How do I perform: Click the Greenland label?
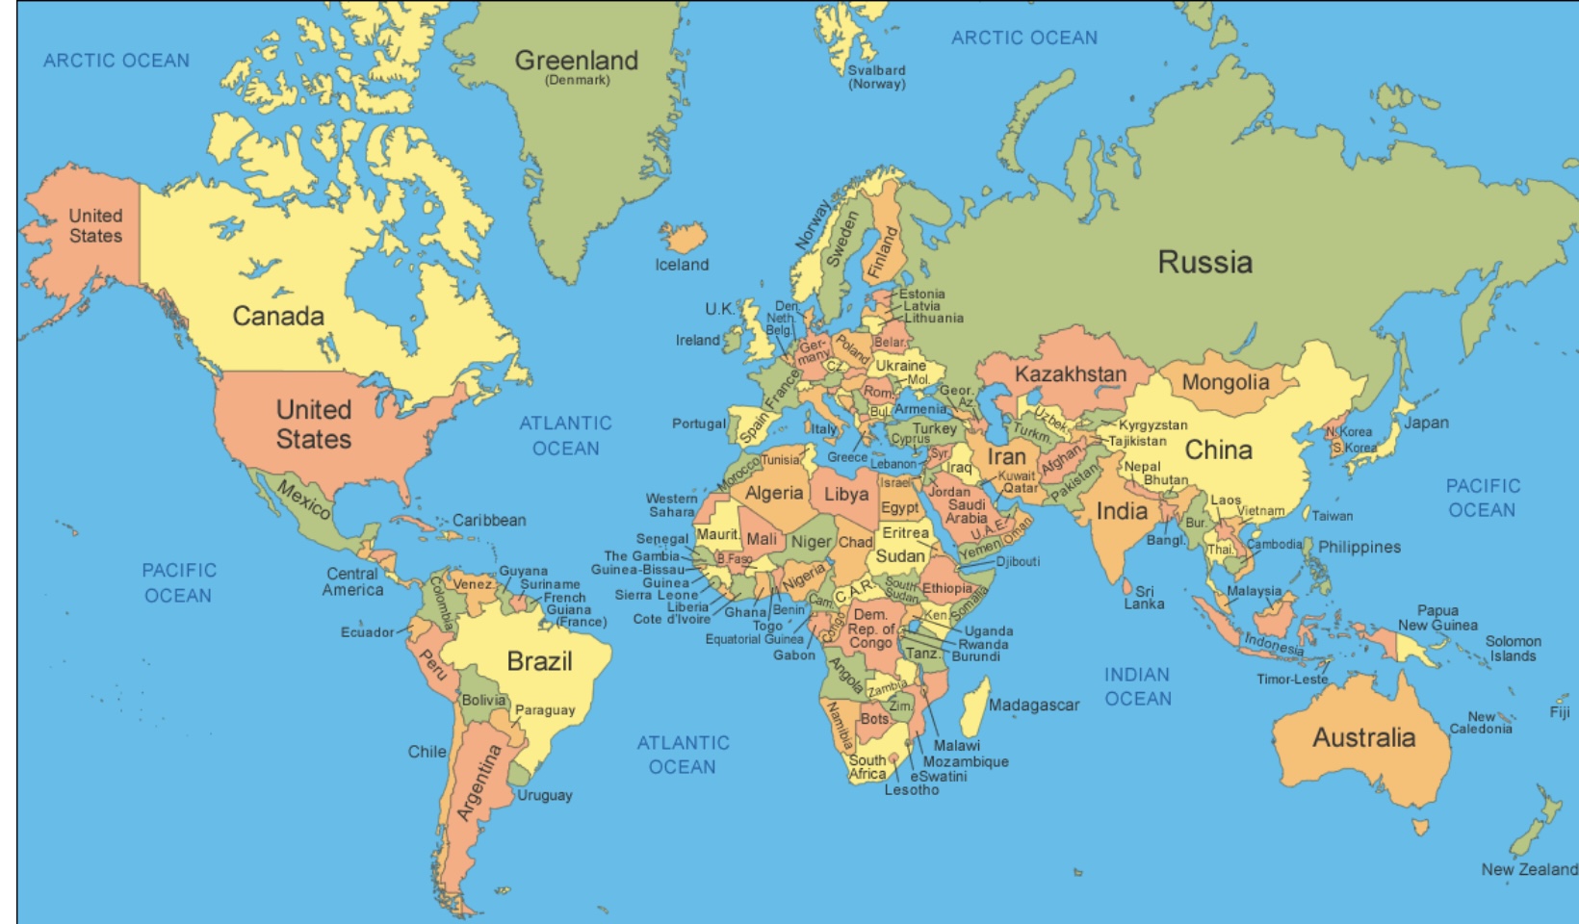pos(576,61)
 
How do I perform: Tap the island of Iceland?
pos(682,237)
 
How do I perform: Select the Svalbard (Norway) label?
pos(876,77)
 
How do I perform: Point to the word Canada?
pos(278,316)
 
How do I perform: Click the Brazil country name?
pos(539,661)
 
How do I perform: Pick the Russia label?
pos(1204,262)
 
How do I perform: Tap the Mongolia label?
pos(1225,382)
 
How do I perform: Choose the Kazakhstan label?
pos(1070,374)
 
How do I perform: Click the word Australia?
pos(1363,738)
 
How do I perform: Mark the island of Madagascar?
pos(974,707)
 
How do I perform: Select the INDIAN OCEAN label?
pos(1137,686)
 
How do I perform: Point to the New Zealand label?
pos(1529,869)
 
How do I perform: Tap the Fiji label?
pos(1560,712)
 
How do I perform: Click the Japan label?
pos(1426,423)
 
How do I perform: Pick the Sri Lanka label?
pos(1144,598)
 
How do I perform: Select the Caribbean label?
pos(489,521)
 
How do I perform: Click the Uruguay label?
pos(544,795)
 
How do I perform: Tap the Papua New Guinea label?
pos(1437,618)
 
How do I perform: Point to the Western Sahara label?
pos(671,505)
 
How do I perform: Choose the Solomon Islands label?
pos(1513,649)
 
